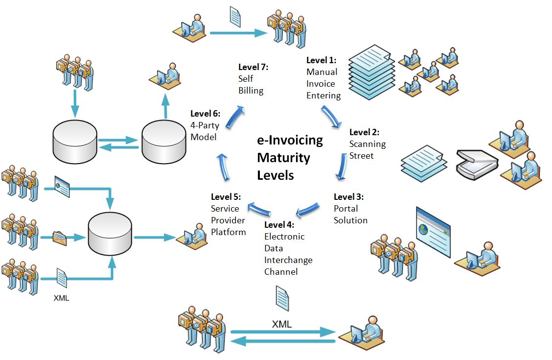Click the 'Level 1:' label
(x=322, y=60)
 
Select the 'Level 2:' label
(x=364, y=132)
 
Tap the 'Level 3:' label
(x=348, y=197)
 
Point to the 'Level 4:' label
(x=279, y=225)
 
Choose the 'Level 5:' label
(x=226, y=197)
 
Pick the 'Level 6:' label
(x=205, y=114)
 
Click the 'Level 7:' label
(x=253, y=67)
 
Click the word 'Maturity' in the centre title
(x=284, y=158)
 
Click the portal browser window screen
(x=433, y=232)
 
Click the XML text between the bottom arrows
(x=281, y=324)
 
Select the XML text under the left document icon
(x=61, y=297)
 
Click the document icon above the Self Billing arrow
(x=235, y=17)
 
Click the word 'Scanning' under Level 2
(x=367, y=144)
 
